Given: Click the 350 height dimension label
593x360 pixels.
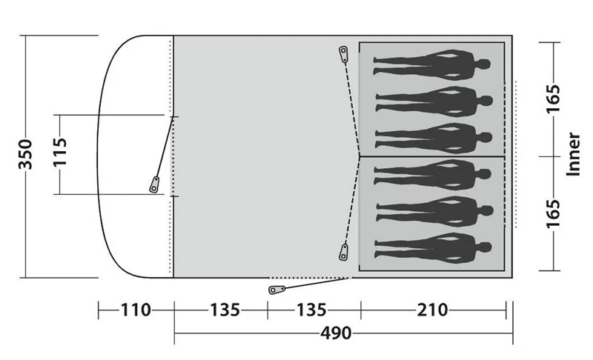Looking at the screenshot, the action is click(x=26, y=155).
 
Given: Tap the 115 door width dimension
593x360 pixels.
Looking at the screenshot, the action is click(x=60, y=153).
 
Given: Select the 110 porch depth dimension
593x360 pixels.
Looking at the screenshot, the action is click(x=136, y=310).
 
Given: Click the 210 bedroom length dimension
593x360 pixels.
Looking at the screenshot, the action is click(x=432, y=310).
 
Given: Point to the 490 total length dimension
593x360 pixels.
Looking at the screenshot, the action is click(x=336, y=333).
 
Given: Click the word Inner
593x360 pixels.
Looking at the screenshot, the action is click(x=573, y=154).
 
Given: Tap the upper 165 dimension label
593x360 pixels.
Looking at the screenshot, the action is click(x=553, y=99).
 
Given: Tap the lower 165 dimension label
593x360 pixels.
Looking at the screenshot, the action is click(x=553, y=214).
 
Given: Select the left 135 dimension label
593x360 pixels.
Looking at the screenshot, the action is click(x=225, y=310).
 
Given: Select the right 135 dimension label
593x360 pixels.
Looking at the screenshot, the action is click(x=311, y=310).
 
